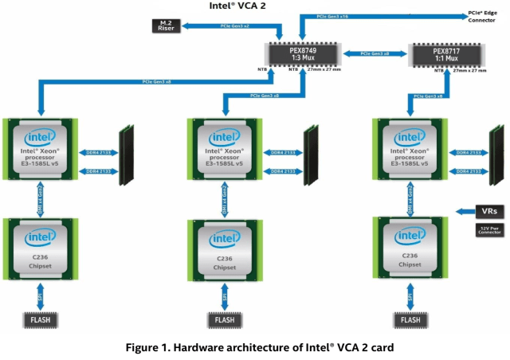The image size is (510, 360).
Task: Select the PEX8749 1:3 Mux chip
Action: (305, 56)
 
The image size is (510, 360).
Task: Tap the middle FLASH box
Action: (226, 320)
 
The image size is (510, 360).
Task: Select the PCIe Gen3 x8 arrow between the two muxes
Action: (375, 54)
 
